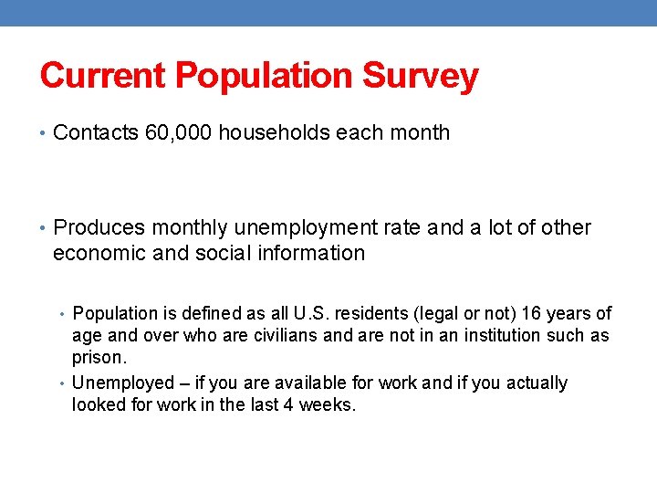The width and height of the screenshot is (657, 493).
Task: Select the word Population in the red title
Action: click(x=266, y=76)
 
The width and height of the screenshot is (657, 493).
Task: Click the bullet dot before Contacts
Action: click(x=44, y=133)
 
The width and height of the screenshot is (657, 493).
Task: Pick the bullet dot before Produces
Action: click(x=44, y=228)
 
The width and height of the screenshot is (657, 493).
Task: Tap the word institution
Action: click(x=502, y=335)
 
